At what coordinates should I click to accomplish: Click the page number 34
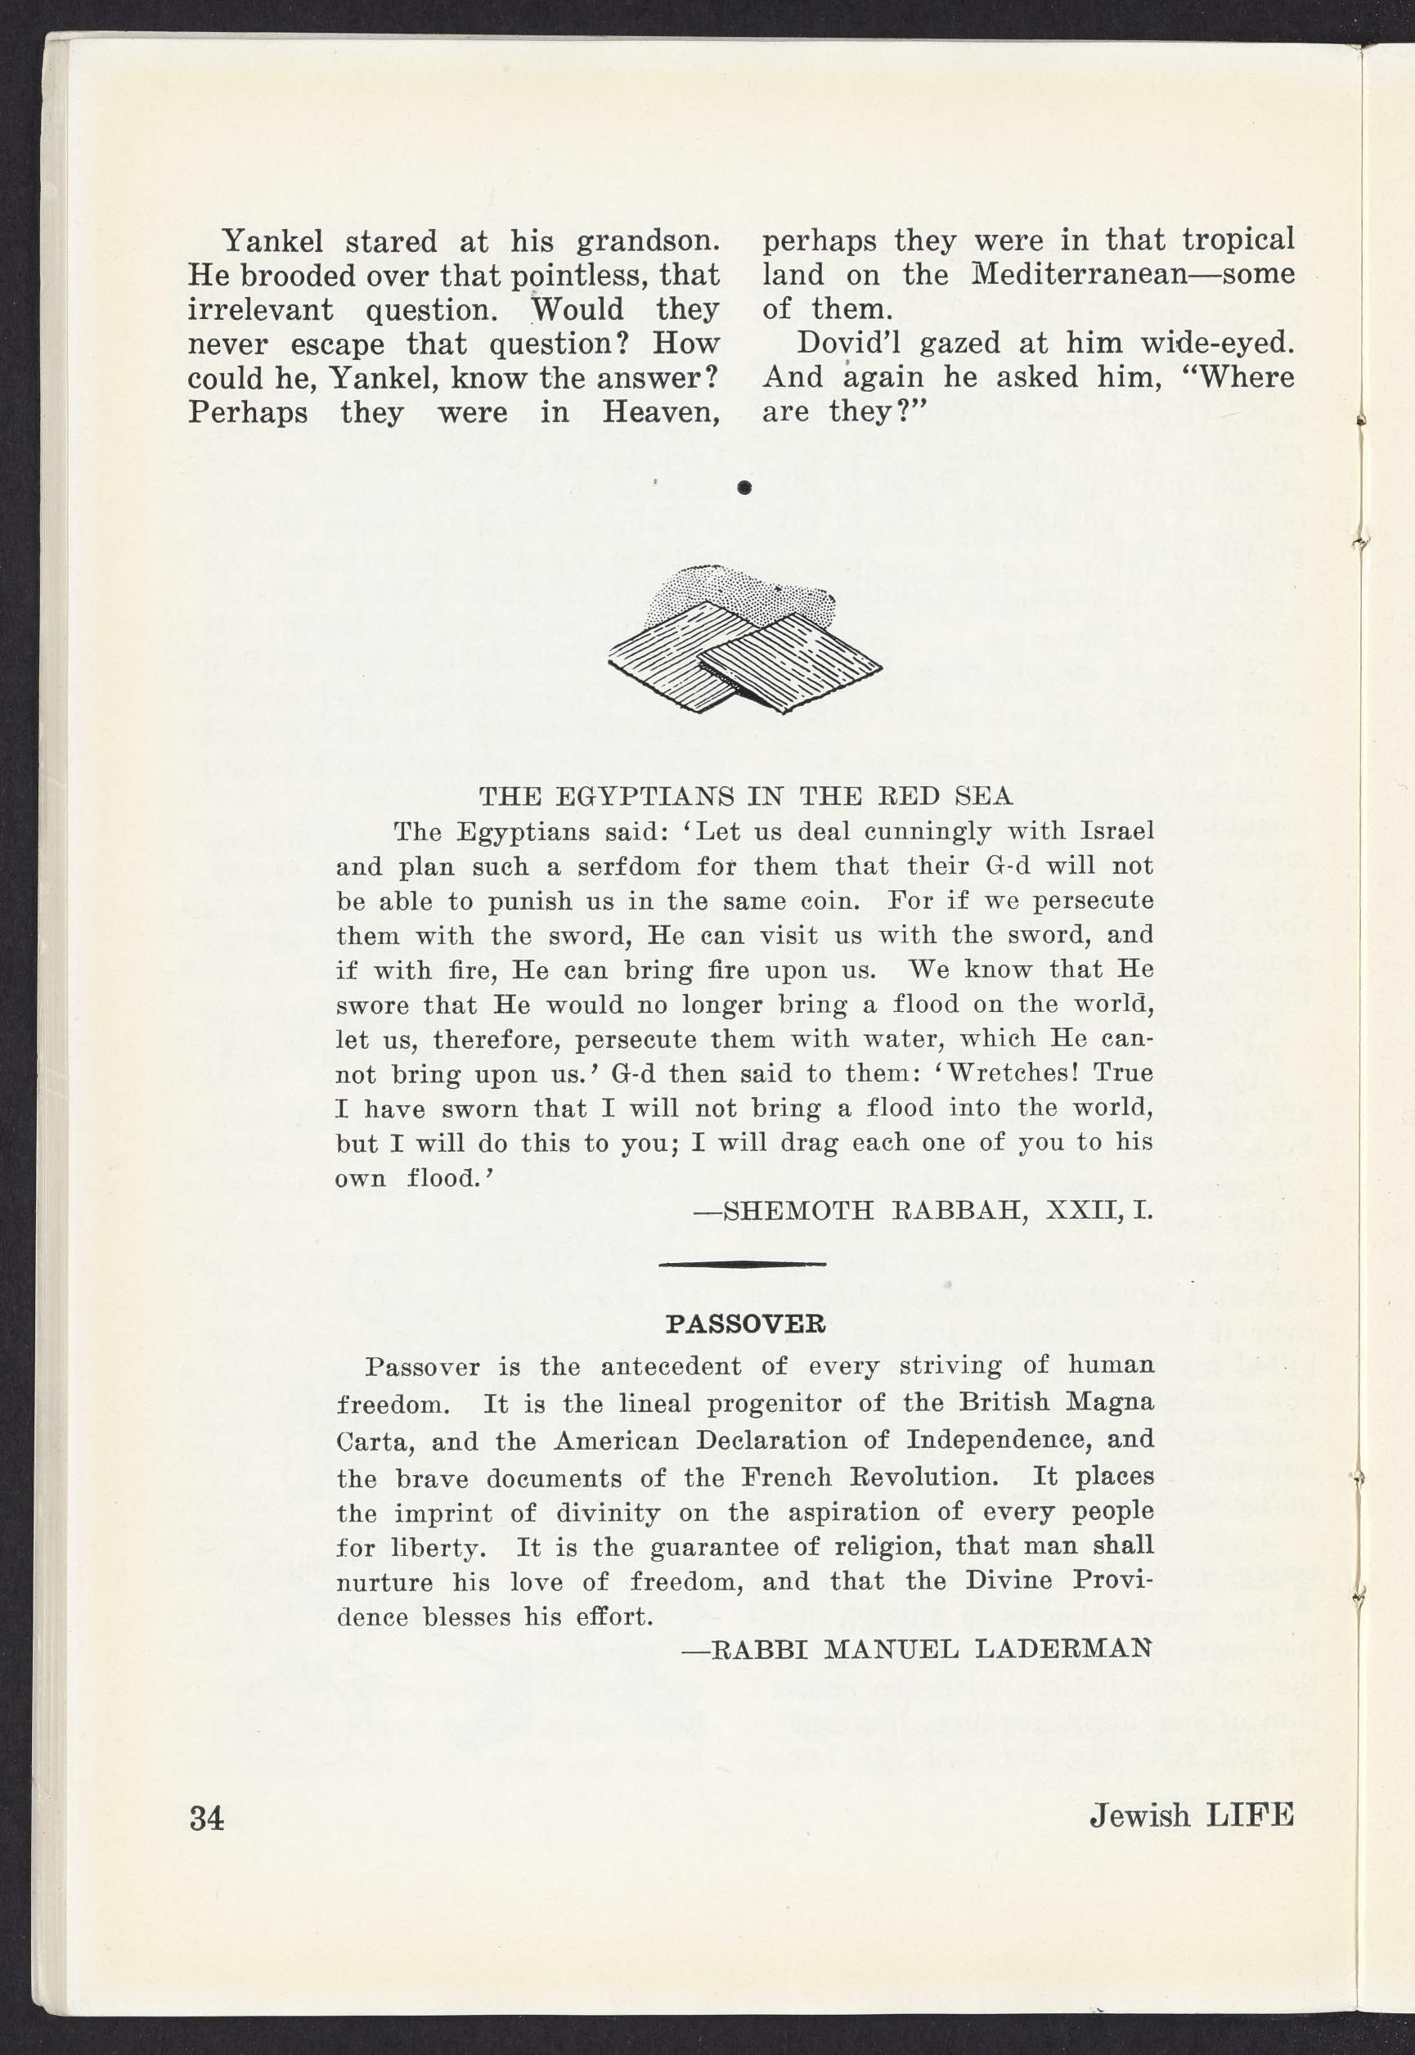[x=208, y=1816]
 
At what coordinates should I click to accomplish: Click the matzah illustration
[x=745, y=639]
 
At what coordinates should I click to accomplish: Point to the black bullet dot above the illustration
[x=745, y=487]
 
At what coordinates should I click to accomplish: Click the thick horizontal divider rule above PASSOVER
[x=743, y=1262]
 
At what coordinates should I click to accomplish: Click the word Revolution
[x=922, y=1476]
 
